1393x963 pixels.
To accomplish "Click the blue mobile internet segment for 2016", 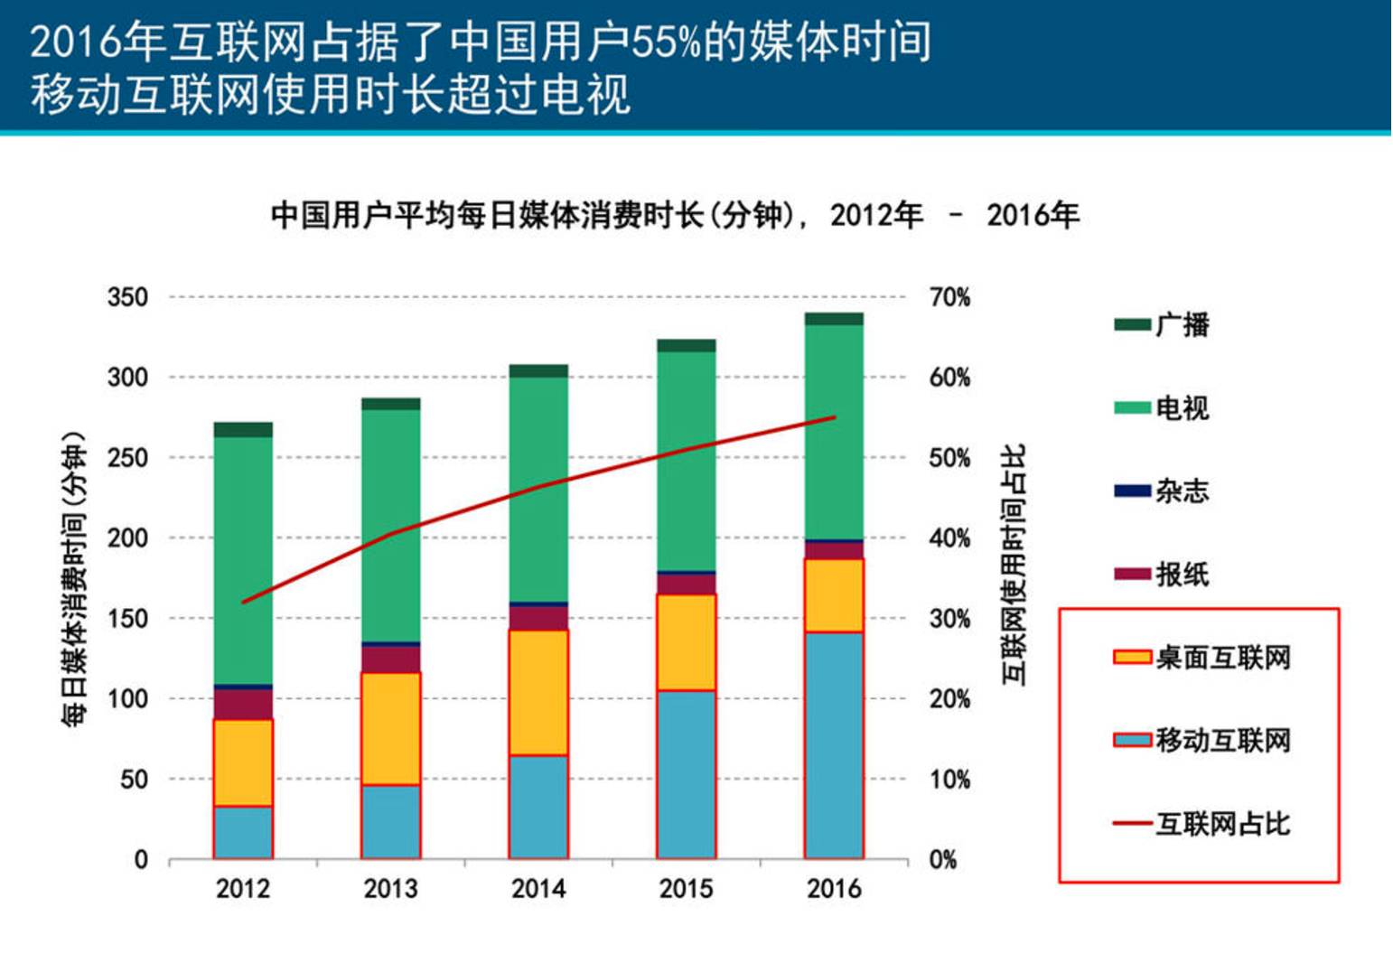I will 834,745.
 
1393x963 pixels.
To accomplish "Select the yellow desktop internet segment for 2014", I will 538,692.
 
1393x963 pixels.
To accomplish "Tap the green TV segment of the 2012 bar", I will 243,560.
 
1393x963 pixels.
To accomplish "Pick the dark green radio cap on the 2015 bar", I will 687,345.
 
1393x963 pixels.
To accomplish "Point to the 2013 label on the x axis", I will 390,889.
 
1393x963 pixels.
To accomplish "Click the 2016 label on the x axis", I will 834,889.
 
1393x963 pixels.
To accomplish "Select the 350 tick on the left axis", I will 127,297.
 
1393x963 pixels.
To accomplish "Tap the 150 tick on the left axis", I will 127,619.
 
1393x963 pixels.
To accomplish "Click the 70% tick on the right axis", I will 950,297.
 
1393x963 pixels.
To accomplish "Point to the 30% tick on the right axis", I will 950,619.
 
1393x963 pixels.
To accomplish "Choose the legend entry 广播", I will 1182,324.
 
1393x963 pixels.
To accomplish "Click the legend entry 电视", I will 1182,407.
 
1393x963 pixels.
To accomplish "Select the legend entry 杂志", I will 1182,491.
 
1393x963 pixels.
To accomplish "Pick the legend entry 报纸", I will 1182,574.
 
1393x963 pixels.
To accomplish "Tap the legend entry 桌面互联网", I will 1222,657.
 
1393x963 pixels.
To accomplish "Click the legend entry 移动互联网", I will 1222,740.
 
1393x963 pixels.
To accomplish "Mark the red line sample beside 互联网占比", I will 1132,823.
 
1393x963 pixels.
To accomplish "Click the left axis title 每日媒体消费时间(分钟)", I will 73,578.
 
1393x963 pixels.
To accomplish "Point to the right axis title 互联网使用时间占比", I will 1014,565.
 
